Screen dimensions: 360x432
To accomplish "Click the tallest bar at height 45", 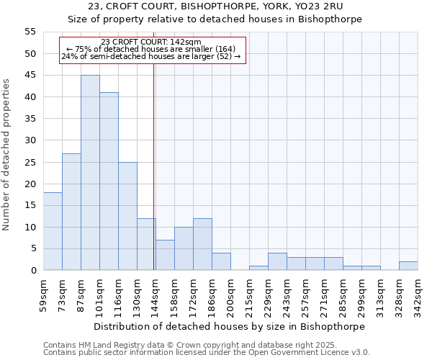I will point(90,173).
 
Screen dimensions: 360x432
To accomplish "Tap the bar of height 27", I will point(71,212).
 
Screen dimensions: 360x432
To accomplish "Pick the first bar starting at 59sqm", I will point(53,231).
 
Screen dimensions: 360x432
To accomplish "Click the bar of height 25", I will point(127,216).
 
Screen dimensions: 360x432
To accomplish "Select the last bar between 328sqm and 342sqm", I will point(408,266).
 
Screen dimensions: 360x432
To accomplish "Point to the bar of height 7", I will point(165,255).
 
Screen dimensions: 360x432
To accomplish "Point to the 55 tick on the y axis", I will point(30,32).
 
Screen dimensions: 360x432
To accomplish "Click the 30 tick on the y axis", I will point(30,140).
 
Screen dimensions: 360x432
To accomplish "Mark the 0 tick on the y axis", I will point(33,271).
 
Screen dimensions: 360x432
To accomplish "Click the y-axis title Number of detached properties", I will point(7,155).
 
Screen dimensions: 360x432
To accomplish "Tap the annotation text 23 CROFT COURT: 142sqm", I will point(152,42).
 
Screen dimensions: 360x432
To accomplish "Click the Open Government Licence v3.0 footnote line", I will point(207,353).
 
